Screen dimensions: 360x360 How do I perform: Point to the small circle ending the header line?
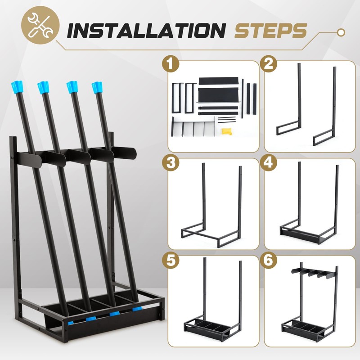(341, 31)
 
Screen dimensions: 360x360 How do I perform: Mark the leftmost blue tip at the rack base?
(70, 323)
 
